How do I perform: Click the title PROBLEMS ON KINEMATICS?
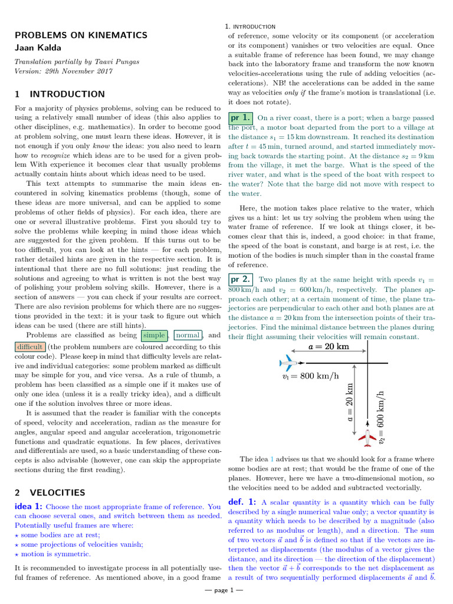[x=81, y=35]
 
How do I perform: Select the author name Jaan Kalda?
[x=38, y=47]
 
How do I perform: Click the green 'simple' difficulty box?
[x=154, y=335]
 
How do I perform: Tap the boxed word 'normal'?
[x=188, y=335]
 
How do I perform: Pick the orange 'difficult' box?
[x=29, y=346]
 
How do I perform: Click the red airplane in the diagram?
[x=367, y=438]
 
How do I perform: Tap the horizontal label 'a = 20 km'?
[x=329, y=347]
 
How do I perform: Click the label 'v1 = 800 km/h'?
[x=310, y=376]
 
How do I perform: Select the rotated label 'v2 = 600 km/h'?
[x=381, y=416]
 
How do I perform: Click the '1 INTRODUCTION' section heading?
[x=60, y=94]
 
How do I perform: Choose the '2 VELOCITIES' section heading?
[x=50, y=492]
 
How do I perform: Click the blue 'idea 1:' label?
[x=28, y=506]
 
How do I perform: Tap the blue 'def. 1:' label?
[x=242, y=501]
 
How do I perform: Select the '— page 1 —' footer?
[x=226, y=590]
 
